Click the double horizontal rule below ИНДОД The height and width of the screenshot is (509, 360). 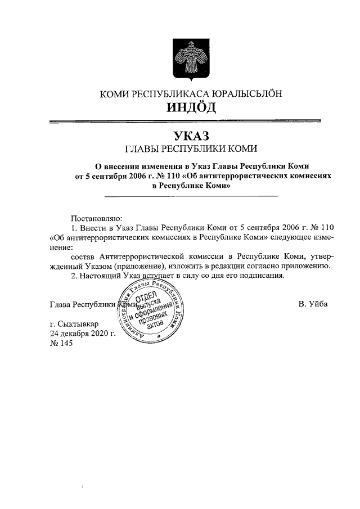(185, 121)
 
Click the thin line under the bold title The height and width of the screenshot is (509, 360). (191, 196)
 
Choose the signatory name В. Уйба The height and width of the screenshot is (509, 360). (313, 304)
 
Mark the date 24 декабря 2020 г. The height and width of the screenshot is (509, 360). (83, 334)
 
